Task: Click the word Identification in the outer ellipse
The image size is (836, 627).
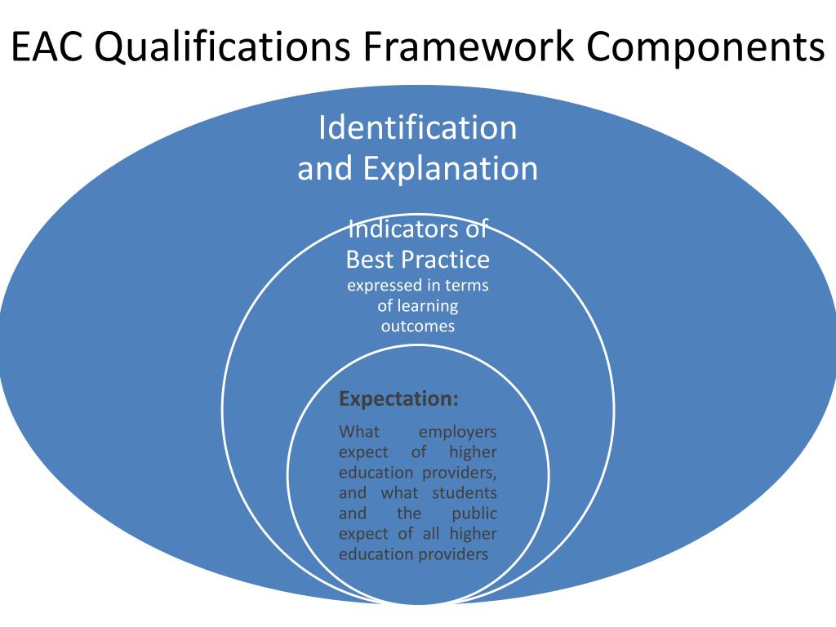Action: click(x=417, y=128)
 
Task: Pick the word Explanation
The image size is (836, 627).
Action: click(x=451, y=169)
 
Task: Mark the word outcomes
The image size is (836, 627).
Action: click(x=417, y=327)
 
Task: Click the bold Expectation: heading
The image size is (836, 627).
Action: click(x=398, y=400)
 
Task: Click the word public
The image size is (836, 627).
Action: click(x=474, y=514)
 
